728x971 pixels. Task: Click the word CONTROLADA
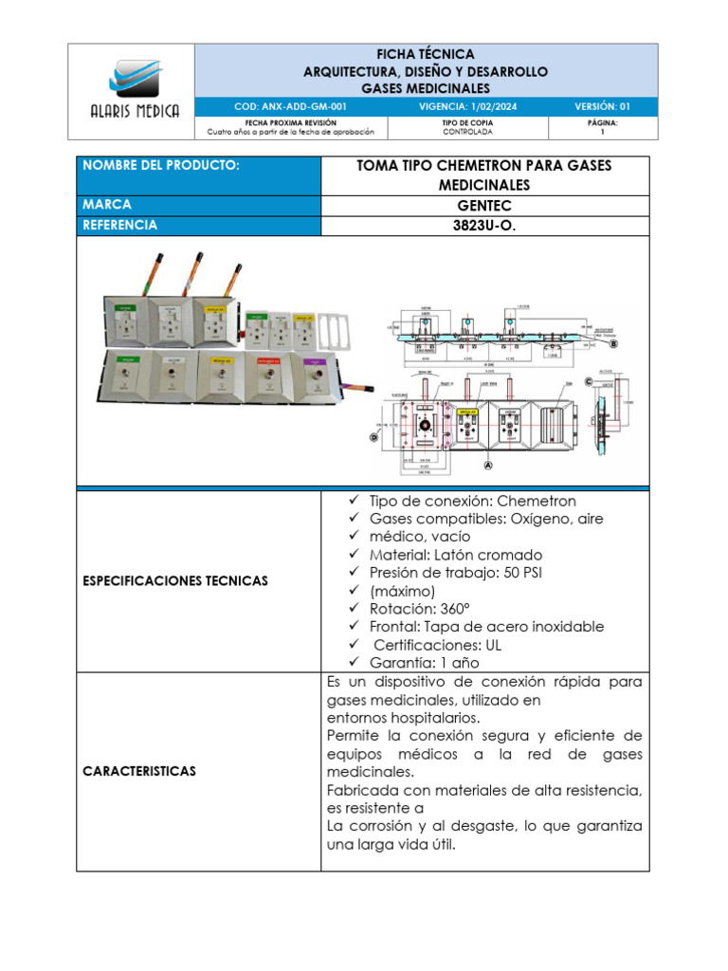(466, 132)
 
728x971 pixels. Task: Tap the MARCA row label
(107, 205)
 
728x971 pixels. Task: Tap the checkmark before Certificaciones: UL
(353, 645)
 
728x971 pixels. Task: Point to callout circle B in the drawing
(613, 346)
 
